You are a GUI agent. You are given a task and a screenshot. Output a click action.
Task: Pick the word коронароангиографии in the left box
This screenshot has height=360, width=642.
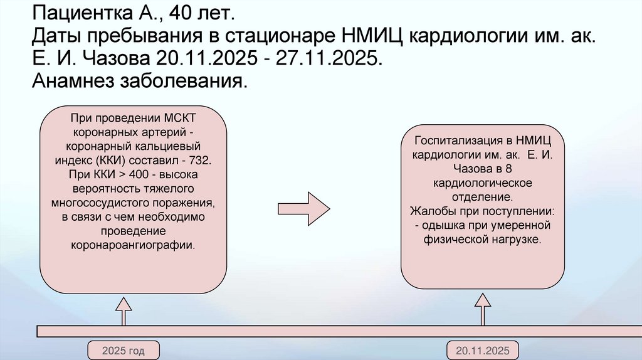pos(133,245)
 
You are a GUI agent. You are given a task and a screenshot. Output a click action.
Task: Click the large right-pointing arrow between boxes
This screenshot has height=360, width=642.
pos(303,207)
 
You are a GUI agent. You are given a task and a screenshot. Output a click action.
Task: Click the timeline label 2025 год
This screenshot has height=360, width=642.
pos(124,351)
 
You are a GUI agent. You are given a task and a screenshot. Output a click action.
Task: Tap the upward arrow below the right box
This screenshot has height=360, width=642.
pos(483,311)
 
